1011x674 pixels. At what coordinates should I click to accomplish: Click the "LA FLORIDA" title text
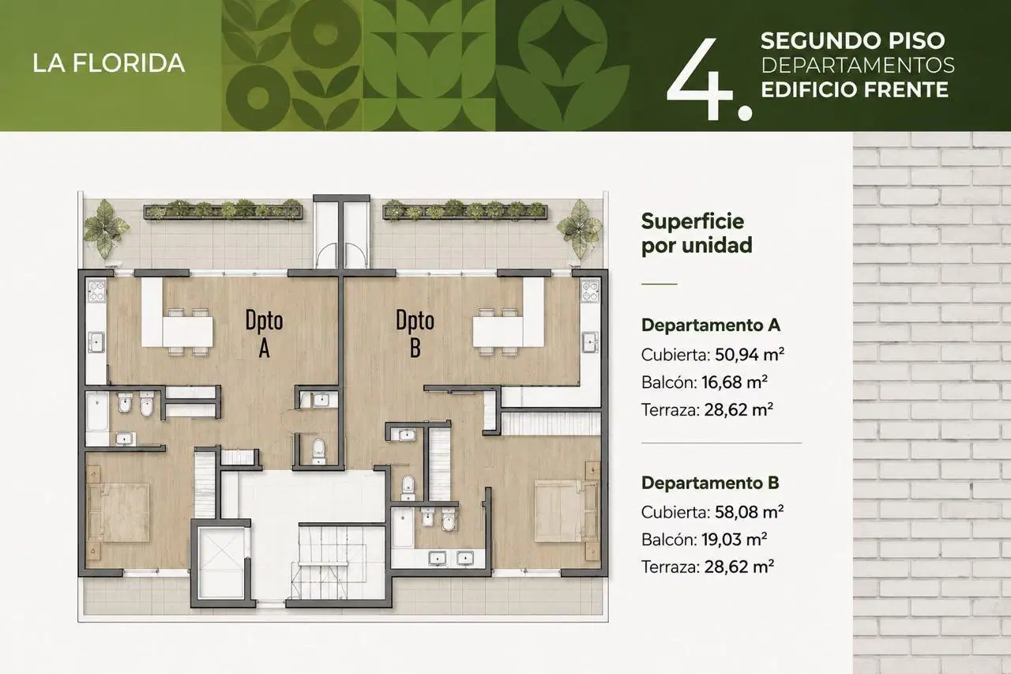point(109,62)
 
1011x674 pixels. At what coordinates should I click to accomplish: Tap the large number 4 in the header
point(699,80)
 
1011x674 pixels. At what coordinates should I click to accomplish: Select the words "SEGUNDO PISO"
point(852,40)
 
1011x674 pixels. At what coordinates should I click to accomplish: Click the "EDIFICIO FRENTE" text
point(855,89)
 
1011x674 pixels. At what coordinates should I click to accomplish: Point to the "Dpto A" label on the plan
point(264,333)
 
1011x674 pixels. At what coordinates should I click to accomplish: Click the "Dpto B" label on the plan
point(415,333)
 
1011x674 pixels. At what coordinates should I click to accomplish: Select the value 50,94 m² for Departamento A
point(750,354)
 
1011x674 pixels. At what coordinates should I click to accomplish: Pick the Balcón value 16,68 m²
point(735,382)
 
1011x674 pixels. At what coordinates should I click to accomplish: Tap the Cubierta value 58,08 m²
point(750,512)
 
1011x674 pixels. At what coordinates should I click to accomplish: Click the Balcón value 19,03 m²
point(735,540)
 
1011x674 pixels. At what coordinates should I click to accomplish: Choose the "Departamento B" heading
point(710,483)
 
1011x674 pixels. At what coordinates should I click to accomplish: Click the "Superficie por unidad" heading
point(697,233)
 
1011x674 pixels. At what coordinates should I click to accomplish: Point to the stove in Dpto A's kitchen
point(96,291)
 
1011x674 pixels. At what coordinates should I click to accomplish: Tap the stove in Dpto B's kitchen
point(590,291)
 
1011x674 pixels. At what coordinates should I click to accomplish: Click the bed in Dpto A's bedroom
point(118,513)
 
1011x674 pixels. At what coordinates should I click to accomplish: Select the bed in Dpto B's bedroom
point(567,511)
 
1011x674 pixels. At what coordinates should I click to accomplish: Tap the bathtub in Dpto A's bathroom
point(97,412)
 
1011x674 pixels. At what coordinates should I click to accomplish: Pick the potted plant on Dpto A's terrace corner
point(106,229)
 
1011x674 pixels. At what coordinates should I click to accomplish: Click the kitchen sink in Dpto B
point(590,341)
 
